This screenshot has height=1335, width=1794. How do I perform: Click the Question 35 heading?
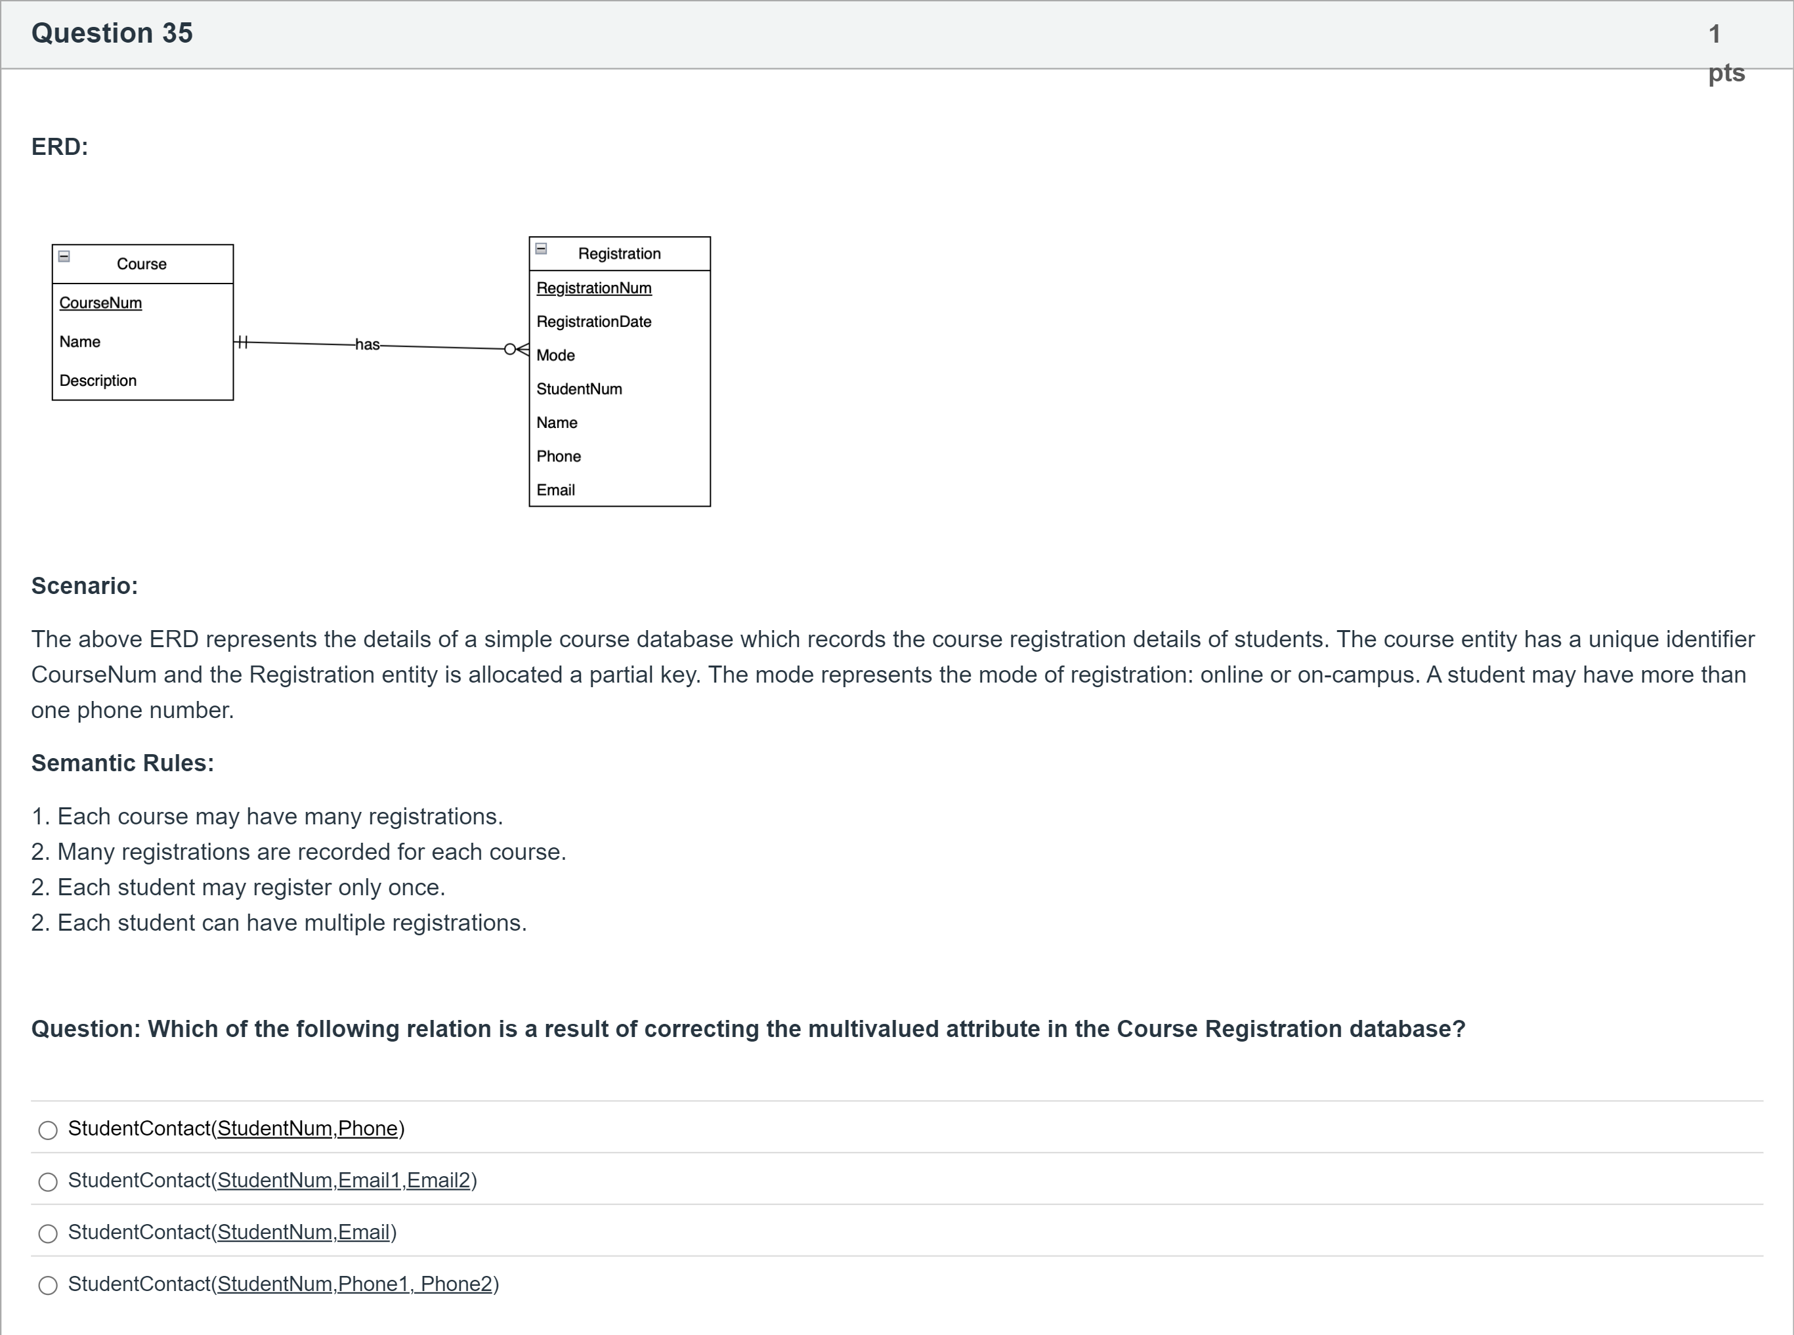(x=112, y=33)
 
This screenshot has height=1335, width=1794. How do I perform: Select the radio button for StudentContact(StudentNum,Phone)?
(x=49, y=1130)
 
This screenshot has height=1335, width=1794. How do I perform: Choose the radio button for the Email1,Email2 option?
(x=49, y=1181)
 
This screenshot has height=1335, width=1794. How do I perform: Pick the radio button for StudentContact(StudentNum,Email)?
(x=49, y=1233)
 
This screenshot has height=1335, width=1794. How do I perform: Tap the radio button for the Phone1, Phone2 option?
(x=49, y=1285)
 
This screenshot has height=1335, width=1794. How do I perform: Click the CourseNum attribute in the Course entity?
(x=100, y=303)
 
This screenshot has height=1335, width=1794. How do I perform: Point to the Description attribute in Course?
(x=98, y=381)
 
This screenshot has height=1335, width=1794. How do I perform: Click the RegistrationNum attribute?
(x=594, y=289)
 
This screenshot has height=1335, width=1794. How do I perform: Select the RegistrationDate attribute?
(x=594, y=322)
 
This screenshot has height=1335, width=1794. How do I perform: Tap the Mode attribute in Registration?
(x=556, y=356)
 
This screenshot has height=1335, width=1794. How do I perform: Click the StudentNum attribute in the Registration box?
(x=580, y=389)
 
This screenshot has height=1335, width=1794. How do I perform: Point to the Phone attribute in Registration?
(x=559, y=457)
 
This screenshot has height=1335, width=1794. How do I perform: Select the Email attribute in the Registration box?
(x=556, y=490)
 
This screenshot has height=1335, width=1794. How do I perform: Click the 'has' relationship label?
(x=367, y=345)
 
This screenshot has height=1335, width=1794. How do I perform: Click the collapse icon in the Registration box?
(x=542, y=249)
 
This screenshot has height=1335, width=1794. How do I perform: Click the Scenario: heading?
(x=85, y=586)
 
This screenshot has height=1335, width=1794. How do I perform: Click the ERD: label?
(x=60, y=147)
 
